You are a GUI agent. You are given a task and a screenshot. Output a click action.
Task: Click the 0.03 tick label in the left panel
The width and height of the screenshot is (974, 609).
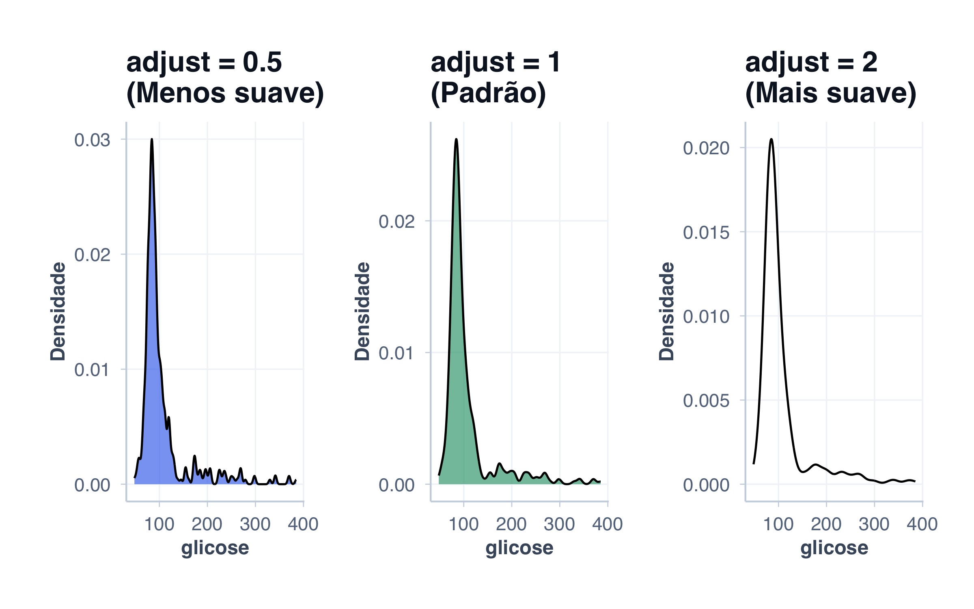coord(92,140)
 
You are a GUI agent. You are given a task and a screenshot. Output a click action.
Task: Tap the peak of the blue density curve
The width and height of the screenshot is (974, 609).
coord(152,139)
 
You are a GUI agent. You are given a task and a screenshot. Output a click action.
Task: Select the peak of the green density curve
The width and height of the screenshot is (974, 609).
coord(456,139)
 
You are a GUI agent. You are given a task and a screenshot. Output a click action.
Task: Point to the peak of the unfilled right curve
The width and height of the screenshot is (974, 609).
coord(771,139)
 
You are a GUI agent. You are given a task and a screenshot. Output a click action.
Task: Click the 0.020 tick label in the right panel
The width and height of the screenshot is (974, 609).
coord(706,148)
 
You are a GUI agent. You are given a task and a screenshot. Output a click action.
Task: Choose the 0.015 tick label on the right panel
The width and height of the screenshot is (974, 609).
coord(706,233)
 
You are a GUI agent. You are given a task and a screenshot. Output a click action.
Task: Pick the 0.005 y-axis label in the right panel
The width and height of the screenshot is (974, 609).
coord(706,401)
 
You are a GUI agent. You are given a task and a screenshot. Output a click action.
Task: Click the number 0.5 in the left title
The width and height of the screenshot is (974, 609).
coord(262,63)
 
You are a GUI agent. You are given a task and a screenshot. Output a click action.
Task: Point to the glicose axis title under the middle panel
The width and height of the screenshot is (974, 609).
coord(519,548)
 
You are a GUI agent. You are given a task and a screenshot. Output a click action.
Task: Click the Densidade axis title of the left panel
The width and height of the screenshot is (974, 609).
coord(58,311)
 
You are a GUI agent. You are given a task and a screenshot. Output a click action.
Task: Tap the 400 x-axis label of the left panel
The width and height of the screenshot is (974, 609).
coord(303,524)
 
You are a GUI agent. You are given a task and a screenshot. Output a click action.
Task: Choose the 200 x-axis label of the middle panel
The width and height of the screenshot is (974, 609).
coord(511,524)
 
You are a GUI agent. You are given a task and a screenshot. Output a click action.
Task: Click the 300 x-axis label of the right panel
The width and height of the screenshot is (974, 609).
coord(874,524)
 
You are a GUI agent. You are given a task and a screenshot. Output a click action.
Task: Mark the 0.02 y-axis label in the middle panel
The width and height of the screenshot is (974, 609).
coord(396,222)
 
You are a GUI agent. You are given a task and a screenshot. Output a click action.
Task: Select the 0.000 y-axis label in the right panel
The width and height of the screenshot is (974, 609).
coord(706,485)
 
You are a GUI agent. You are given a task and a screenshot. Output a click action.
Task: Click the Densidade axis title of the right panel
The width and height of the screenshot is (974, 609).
coord(666,311)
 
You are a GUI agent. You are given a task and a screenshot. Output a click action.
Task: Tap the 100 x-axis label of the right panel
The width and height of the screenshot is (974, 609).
coord(778,524)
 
